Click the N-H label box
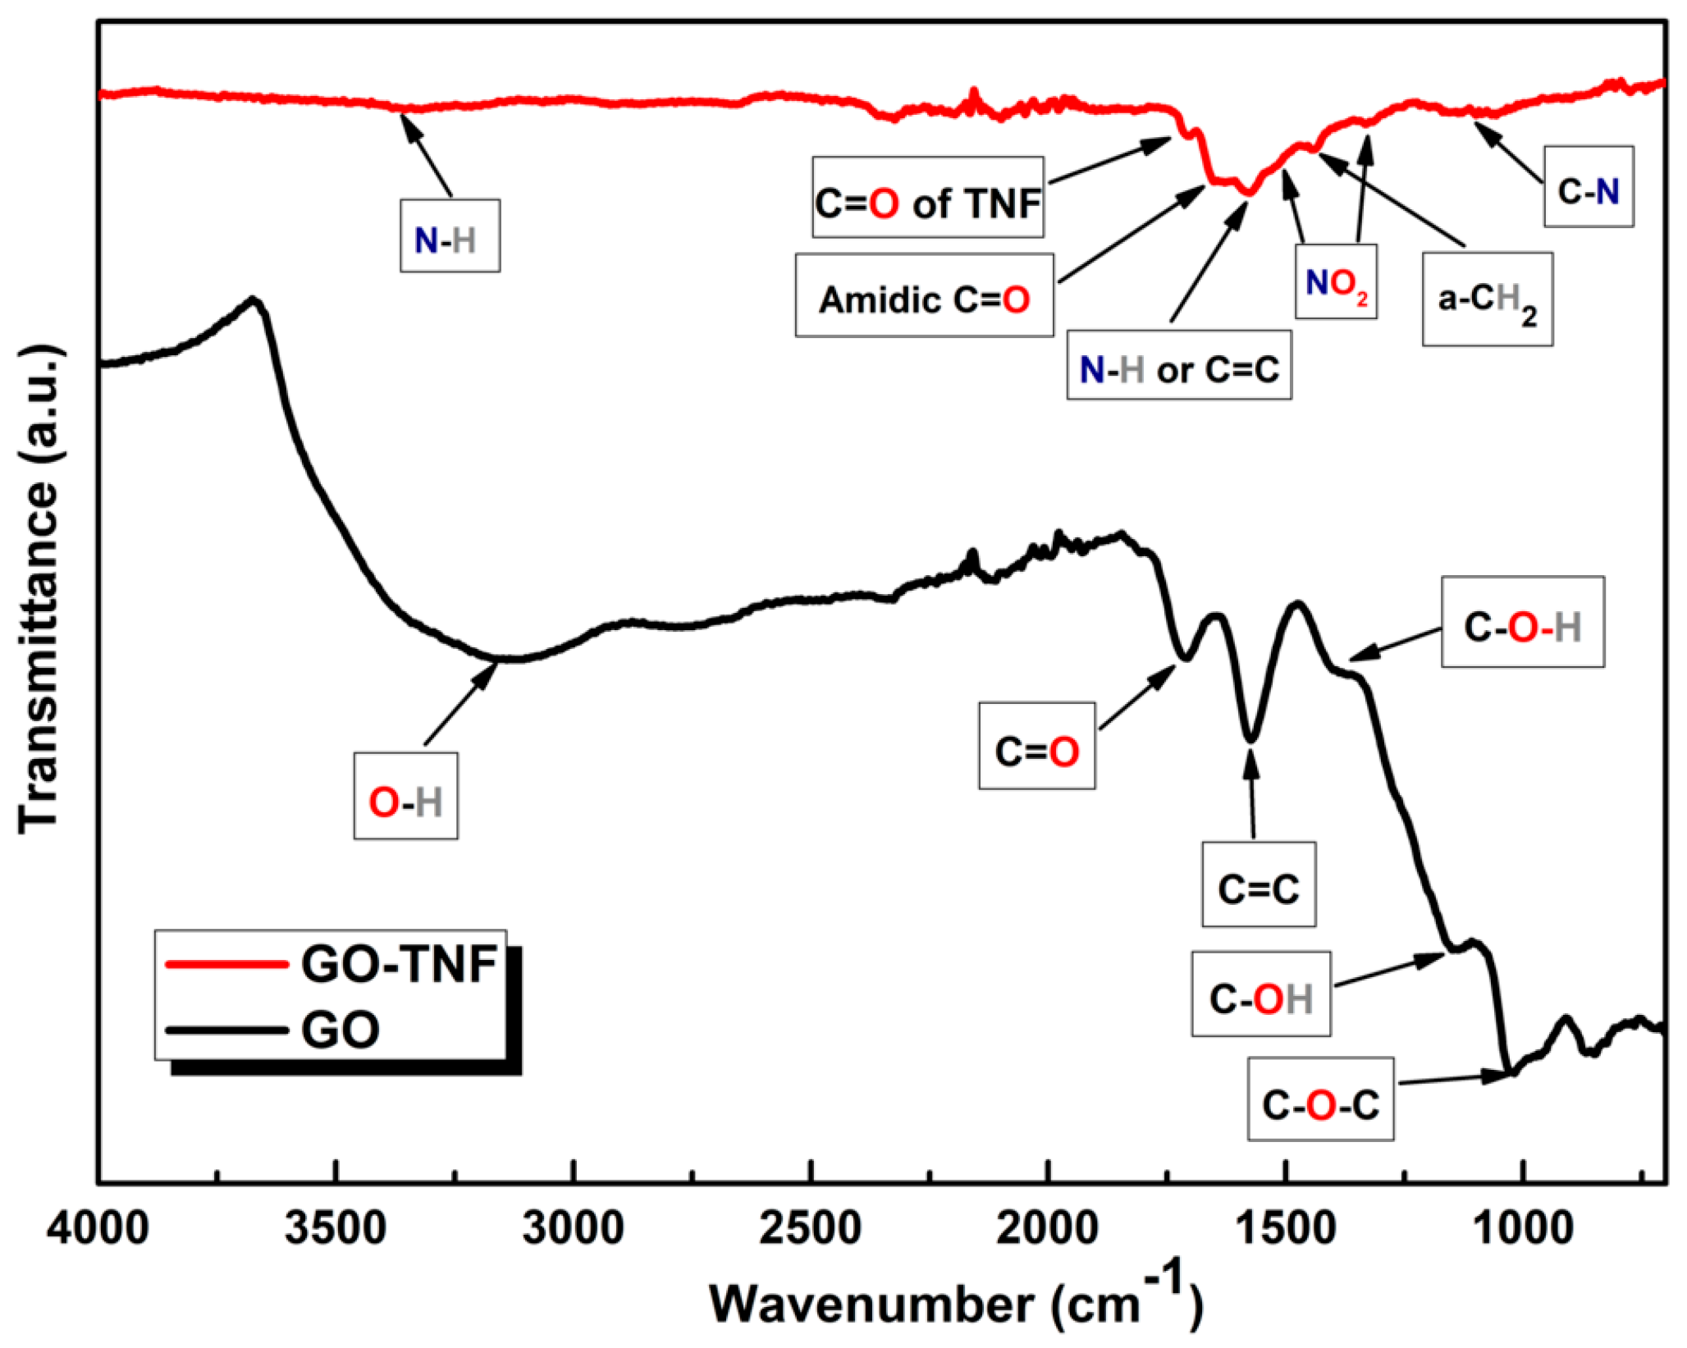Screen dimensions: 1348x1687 450,235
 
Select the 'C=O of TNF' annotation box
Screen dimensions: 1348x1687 927,198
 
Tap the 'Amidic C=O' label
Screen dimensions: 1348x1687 924,295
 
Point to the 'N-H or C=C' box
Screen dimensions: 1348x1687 1178,366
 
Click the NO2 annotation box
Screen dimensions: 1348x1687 1335,281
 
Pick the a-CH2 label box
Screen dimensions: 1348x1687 1487,299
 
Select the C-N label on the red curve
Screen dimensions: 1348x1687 1588,187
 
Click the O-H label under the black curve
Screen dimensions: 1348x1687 405,796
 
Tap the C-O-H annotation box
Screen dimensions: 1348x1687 1522,622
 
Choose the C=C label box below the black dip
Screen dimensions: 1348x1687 1258,884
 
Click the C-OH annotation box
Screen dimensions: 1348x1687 1260,994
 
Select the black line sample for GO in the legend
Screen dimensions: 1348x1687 226,1029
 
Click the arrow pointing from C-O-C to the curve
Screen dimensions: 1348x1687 1453,1078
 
